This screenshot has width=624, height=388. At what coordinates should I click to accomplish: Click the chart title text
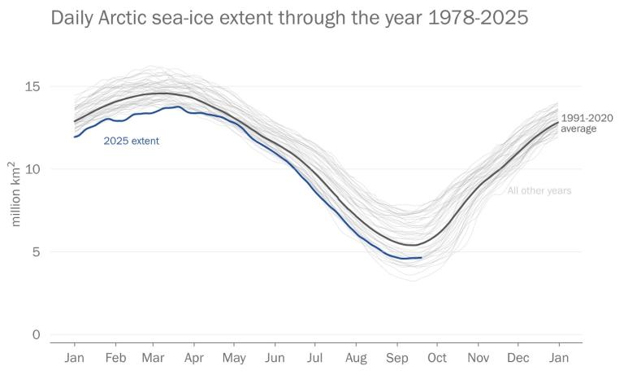(x=289, y=18)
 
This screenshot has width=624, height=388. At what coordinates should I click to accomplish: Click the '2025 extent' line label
(x=131, y=141)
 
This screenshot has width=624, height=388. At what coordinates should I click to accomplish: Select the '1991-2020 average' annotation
(x=587, y=123)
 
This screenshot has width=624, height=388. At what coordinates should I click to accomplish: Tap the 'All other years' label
(x=539, y=191)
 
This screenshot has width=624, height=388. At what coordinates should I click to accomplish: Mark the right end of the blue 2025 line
(x=421, y=258)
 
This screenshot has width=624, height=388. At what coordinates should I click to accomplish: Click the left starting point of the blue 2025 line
(x=74, y=137)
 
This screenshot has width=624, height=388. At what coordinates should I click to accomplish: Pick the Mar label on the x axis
(x=153, y=358)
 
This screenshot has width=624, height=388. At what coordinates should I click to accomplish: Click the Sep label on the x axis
(x=396, y=358)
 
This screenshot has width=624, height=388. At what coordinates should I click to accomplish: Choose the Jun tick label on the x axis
(x=275, y=358)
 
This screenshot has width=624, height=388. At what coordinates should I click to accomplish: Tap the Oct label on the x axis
(x=436, y=358)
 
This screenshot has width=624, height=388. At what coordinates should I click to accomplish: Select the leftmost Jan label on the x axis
(x=74, y=358)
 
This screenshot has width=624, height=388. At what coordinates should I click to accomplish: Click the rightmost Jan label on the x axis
(x=558, y=358)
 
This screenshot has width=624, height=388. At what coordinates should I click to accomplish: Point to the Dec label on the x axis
(x=518, y=358)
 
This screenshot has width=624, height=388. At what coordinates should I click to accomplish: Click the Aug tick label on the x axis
(x=356, y=358)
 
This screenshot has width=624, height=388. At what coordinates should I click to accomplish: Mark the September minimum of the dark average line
(x=413, y=245)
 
